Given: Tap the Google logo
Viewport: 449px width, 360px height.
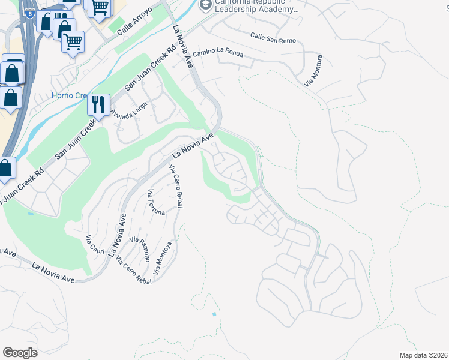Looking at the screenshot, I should (x=20, y=353).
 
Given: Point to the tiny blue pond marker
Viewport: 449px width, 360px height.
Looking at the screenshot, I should (x=214, y=314).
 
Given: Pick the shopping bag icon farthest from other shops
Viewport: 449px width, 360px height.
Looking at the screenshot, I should (x=5, y=169).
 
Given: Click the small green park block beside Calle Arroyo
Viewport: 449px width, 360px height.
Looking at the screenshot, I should (x=116, y=26).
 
